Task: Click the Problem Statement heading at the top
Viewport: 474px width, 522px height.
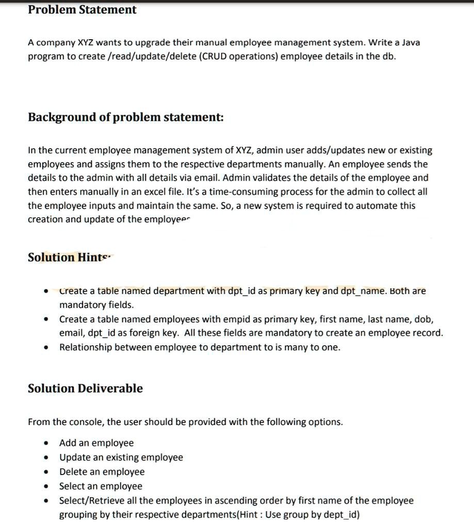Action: pos(82,10)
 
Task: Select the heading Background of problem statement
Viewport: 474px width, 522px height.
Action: pos(126,117)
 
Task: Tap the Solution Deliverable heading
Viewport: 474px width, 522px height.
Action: pos(85,388)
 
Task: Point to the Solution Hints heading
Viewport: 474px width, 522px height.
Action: pos(70,257)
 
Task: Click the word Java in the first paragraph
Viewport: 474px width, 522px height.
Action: pos(411,42)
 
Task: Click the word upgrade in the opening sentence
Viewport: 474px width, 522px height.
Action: pos(153,42)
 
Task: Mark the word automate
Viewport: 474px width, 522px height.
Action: pos(380,205)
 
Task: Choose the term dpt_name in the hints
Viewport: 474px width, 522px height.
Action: pos(362,291)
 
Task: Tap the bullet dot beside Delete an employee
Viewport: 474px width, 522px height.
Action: pos(47,472)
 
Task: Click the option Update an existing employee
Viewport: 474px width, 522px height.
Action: pos(121,458)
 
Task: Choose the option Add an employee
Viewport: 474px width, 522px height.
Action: pos(96,443)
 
